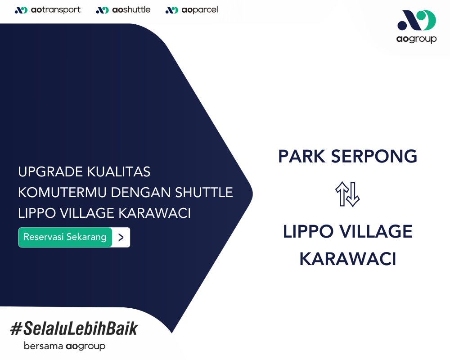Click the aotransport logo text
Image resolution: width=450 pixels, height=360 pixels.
click(56, 10)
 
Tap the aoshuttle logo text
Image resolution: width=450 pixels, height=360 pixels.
click(131, 10)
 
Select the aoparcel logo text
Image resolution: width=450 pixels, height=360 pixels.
click(200, 10)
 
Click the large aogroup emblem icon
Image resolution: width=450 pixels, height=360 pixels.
click(417, 20)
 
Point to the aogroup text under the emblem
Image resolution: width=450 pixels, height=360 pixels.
click(416, 39)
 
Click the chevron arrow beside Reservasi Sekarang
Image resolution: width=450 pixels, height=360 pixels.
click(121, 238)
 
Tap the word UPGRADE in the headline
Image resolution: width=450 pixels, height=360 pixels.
click(50, 171)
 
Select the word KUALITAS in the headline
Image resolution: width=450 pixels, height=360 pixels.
click(119, 171)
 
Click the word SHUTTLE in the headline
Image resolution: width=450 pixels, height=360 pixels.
click(204, 192)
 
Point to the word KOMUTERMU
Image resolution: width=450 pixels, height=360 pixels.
click(62, 192)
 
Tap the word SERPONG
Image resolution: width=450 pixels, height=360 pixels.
click(374, 157)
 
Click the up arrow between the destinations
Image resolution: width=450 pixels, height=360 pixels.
click(342, 194)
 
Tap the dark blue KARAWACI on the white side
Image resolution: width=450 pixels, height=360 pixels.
click(348, 259)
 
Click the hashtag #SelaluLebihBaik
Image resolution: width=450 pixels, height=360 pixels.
click(74, 328)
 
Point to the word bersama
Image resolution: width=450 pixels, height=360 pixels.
click(43, 346)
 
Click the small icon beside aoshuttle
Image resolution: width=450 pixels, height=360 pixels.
click(103, 10)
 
